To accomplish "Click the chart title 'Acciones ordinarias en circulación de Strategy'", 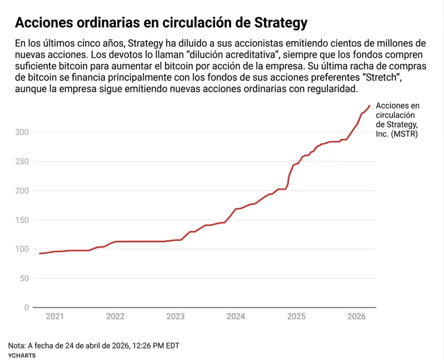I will point(161,23).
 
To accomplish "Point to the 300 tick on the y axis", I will point(23,132).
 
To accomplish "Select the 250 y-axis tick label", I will point(23,162).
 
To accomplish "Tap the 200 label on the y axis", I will point(23,191).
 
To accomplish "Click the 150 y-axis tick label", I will point(23,220).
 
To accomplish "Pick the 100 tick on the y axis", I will point(23,249).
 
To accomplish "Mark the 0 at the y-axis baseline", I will point(27,307).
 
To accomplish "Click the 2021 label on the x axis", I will point(55,316).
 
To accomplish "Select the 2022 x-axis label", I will point(115,316).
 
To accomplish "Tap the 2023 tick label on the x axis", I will point(176,316).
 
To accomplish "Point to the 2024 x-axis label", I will point(236,316).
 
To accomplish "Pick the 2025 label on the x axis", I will point(296,316).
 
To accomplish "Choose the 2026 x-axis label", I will point(356,316).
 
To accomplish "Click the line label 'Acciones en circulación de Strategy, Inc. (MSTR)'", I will point(397,120).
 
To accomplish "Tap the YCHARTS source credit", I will point(22,356).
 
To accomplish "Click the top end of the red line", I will point(369,105).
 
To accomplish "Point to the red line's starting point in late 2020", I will point(40,253).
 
